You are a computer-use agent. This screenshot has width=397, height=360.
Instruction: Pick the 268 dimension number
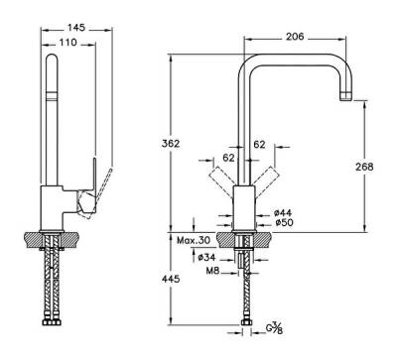click(x=365, y=167)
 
